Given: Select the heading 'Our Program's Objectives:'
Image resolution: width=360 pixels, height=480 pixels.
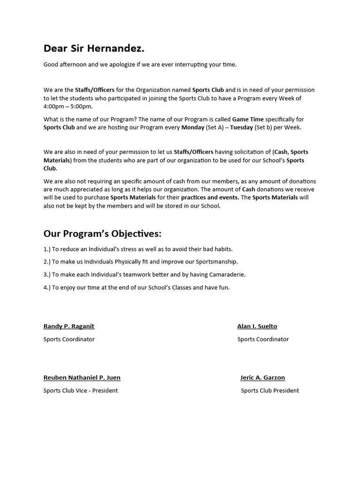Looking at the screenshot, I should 102,233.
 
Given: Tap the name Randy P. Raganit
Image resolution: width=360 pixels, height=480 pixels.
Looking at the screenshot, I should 69,326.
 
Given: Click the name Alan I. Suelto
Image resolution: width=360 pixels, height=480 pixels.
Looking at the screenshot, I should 257,326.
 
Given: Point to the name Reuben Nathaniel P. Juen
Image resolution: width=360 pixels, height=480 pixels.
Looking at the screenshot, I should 82,377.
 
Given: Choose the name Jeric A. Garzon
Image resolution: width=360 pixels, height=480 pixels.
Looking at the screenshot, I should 262,377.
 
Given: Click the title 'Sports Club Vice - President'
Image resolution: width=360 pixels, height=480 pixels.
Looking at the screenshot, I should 81,390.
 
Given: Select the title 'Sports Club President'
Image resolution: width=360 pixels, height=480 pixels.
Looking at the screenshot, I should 270,390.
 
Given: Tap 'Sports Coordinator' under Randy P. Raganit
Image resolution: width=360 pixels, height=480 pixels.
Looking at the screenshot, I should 69,339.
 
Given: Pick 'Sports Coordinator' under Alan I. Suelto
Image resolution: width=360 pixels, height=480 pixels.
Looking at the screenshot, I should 263,339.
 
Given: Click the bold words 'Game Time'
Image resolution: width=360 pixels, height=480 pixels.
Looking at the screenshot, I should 248,120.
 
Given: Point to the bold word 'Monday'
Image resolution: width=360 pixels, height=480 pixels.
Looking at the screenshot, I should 193,127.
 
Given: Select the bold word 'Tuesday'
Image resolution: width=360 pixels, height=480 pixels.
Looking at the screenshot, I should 241,127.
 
